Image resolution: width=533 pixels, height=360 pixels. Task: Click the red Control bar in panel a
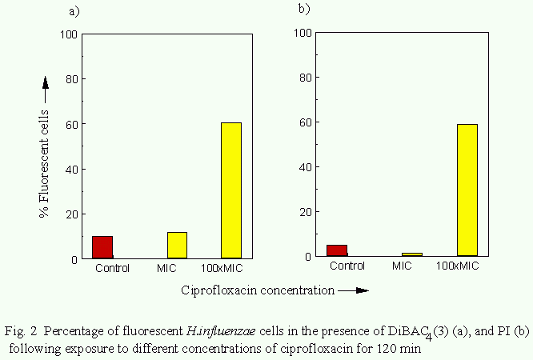point(102,247)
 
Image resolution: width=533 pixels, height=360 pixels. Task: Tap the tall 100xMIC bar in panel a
point(230,190)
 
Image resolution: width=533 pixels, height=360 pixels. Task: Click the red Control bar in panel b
point(337,250)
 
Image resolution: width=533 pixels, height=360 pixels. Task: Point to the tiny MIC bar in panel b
point(411,254)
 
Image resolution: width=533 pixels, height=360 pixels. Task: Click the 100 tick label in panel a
point(70,34)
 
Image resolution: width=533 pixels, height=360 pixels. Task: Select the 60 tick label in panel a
point(73,125)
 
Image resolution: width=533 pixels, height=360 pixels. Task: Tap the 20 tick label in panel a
point(73,214)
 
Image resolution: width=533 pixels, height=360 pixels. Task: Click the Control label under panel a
point(112,268)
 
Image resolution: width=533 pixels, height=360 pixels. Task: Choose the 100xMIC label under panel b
point(459,266)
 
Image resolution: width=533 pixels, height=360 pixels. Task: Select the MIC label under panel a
point(167,268)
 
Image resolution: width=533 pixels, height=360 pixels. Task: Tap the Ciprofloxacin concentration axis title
point(257,290)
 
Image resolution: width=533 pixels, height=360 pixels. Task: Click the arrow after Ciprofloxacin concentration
point(354,290)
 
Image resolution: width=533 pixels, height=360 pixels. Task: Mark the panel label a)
point(74,11)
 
